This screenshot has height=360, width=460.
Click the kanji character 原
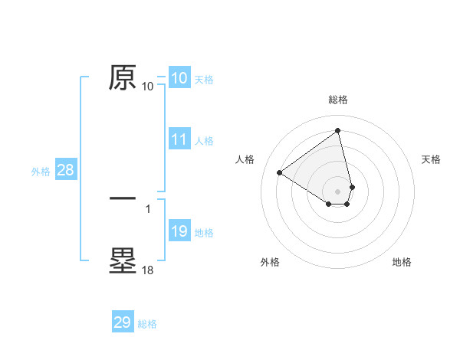click(x=123, y=77)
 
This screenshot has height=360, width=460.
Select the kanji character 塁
click(x=123, y=260)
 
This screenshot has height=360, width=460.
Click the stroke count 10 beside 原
click(x=148, y=87)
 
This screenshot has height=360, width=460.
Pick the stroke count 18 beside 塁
click(x=148, y=270)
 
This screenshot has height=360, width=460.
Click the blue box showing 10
click(x=179, y=78)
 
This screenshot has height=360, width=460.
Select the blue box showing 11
click(x=179, y=139)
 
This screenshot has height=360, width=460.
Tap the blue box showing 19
click(x=179, y=231)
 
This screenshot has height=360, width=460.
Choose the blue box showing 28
click(x=65, y=170)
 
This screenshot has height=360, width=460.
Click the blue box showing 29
click(x=123, y=322)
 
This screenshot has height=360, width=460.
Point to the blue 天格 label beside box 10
click(x=204, y=79)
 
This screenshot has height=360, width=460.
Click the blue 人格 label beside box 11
click(x=204, y=140)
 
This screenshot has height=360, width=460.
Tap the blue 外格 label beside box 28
click(x=41, y=171)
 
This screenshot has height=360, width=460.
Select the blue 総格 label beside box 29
click(x=148, y=323)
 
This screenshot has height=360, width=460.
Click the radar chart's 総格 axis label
click(x=338, y=100)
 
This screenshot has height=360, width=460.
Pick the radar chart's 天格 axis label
click(x=432, y=159)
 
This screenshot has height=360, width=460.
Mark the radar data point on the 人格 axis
click(x=280, y=173)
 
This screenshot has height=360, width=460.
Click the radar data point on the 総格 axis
click(x=338, y=130)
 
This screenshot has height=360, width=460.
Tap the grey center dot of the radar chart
click(x=338, y=191)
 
